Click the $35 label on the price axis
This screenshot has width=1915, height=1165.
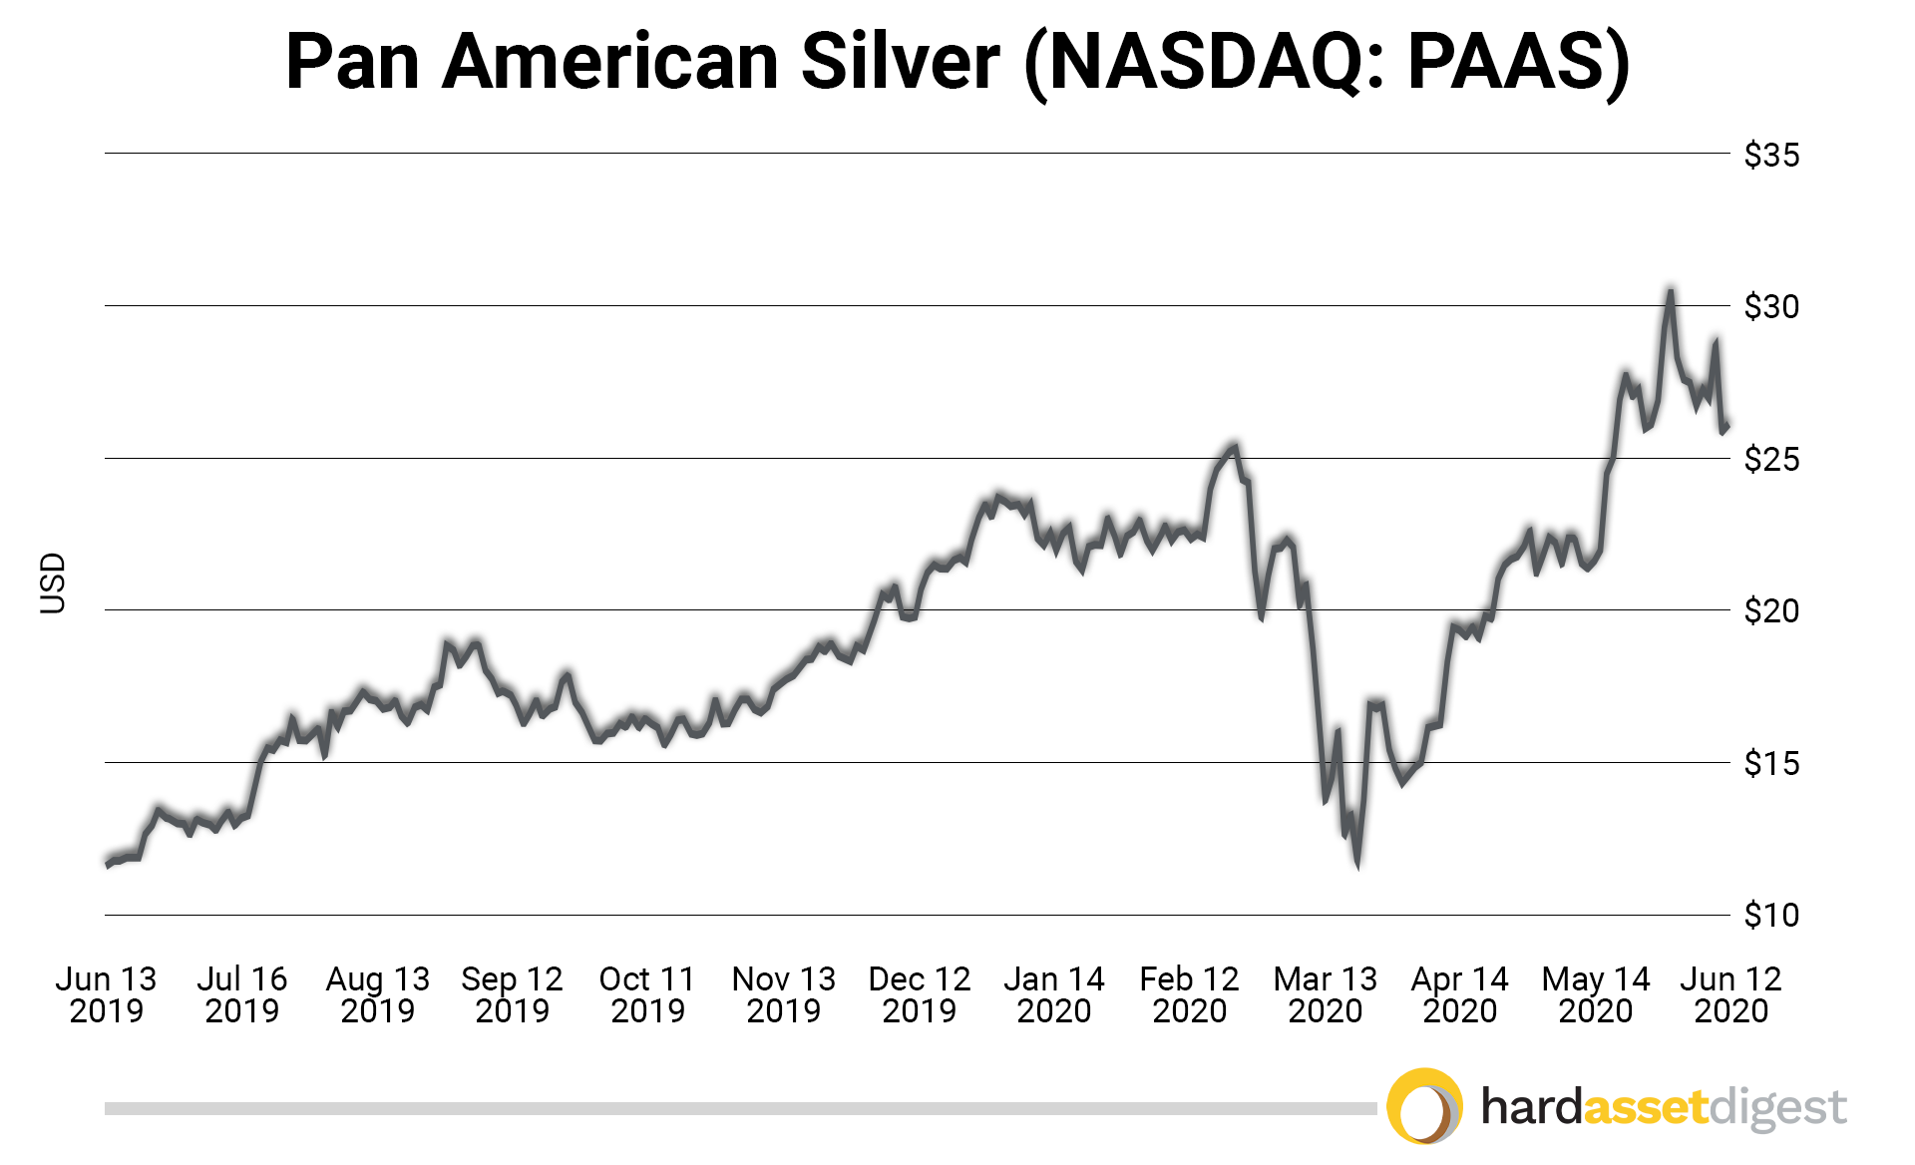tap(1770, 155)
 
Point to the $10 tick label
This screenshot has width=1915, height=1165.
tap(1770, 915)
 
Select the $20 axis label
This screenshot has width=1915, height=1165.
tap(1770, 610)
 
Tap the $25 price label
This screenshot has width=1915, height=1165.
tap(1770, 459)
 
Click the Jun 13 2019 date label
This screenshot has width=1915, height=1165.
tap(106, 994)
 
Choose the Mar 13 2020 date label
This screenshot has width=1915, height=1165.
tap(1325, 994)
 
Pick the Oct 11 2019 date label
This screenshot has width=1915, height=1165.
tap(647, 994)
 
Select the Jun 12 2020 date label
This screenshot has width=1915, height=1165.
tap(1730, 994)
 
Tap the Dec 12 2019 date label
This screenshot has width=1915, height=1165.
tap(919, 994)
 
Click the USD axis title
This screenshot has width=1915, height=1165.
tap(52, 582)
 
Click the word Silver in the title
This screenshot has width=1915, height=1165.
tap(900, 62)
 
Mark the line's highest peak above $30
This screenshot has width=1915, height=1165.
tap(1670, 291)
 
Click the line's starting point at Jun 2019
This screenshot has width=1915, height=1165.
tap(108, 864)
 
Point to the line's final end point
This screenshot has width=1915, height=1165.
tap(1726, 426)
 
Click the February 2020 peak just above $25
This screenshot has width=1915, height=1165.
tap(1235, 447)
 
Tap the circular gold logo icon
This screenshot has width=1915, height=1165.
tap(1424, 1106)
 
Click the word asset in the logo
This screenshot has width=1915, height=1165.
tap(1645, 1107)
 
